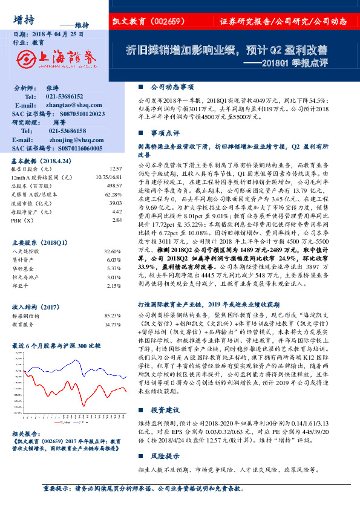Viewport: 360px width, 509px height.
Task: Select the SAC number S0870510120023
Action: click(74, 114)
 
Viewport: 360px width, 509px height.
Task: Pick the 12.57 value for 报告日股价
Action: click(113, 169)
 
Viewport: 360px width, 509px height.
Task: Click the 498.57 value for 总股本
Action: click(111, 186)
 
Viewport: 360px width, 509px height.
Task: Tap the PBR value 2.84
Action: click(114, 220)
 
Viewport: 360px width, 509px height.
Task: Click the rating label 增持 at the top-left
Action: click(23, 19)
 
